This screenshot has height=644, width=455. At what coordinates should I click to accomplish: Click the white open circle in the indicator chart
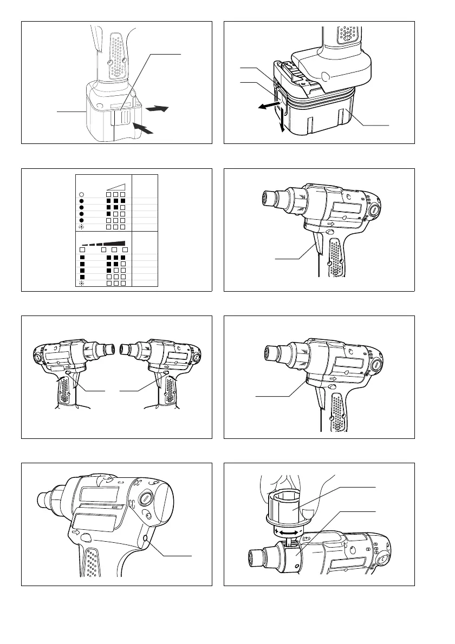(x=81, y=194)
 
